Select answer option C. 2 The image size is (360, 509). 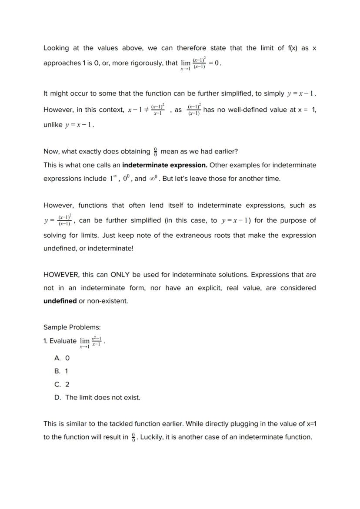tap(62, 384)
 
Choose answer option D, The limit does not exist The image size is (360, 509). tap(97, 397)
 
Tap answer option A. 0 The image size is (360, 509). tap(62, 358)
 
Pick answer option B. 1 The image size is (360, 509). tap(61, 371)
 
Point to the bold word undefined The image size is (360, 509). tap(60, 301)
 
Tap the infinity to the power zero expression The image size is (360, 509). tap(154, 178)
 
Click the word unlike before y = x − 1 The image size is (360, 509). tap(53, 125)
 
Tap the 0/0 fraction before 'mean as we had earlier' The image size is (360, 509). tap(155, 152)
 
